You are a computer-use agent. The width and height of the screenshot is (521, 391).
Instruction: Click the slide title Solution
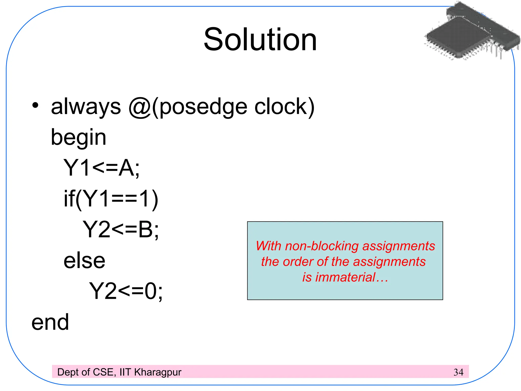click(x=260, y=40)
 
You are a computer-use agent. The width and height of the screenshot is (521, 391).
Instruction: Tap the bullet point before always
click(x=35, y=105)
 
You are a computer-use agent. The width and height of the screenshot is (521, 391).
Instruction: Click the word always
click(x=86, y=107)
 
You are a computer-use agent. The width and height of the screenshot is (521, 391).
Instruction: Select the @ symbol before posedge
click(x=140, y=107)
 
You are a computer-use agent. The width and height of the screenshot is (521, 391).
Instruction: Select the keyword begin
click(x=78, y=138)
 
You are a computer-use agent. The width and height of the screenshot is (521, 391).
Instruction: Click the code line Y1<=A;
click(x=101, y=168)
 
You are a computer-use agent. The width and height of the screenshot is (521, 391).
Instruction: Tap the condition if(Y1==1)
click(x=111, y=199)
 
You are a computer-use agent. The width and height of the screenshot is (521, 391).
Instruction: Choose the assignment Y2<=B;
click(x=121, y=230)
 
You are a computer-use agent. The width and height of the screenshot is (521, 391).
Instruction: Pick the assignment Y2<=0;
click(x=126, y=291)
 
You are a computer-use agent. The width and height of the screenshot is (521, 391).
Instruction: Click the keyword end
click(x=50, y=322)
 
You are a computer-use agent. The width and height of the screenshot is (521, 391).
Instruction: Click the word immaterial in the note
click(x=345, y=277)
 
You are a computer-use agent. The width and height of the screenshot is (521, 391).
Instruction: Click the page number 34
click(x=458, y=372)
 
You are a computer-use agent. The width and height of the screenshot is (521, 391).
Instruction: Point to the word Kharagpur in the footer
click(x=158, y=372)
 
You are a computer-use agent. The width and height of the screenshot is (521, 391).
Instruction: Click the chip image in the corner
click(x=472, y=32)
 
